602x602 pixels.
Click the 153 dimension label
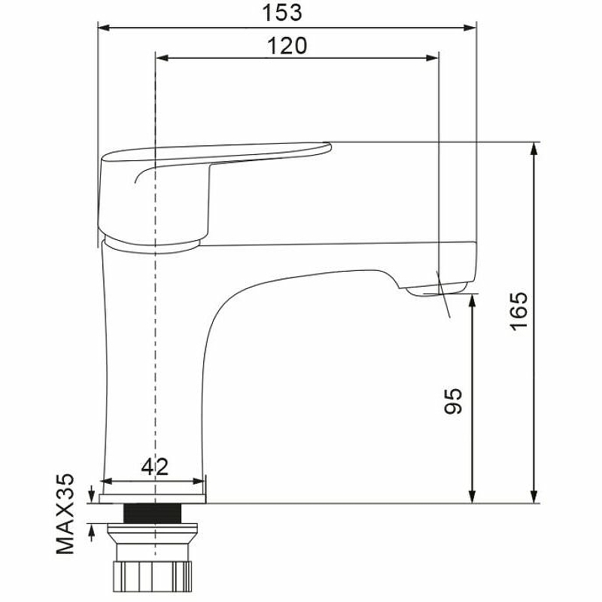coord(282,12)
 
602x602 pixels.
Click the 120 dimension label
coord(287,46)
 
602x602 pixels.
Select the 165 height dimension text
coord(519,311)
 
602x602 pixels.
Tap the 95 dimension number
coord(453,401)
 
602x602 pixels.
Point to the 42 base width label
coord(155,467)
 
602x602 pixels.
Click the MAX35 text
coord(65,514)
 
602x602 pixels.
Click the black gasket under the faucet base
coord(153,513)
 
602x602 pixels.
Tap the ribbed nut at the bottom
coord(153,576)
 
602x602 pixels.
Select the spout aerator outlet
coord(438,290)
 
